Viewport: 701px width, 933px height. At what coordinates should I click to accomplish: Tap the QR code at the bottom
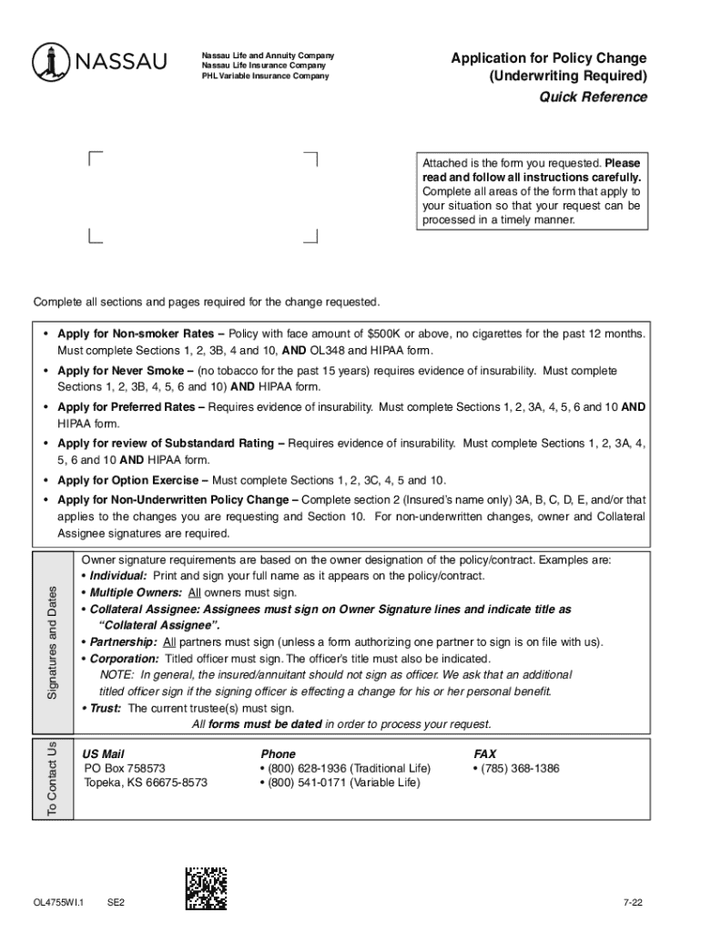[206, 887]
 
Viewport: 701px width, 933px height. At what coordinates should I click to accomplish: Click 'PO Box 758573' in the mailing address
[125, 768]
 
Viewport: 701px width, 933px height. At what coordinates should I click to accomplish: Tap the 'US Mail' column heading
[103, 754]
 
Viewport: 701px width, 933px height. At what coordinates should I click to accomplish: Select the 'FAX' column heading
[485, 754]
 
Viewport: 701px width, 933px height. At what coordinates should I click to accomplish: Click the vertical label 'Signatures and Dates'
[52, 630]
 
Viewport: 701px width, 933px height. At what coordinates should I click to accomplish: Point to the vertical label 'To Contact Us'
[52, 780]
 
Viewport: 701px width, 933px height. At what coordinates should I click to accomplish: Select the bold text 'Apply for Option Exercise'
[133, 480]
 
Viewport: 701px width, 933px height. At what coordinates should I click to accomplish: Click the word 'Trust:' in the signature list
[106, 707]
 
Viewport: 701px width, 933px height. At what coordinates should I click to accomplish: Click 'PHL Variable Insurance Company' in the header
[266, 76]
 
